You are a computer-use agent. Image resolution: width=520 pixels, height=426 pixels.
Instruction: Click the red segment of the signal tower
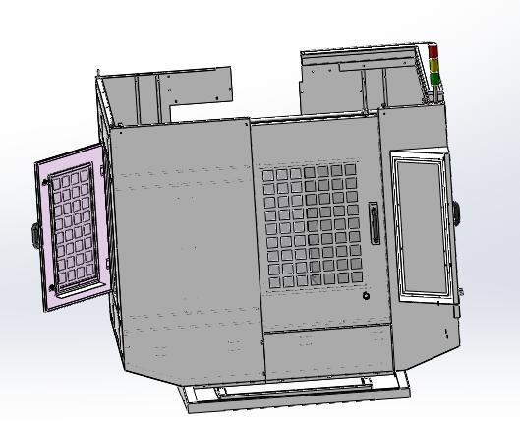coord(433,51)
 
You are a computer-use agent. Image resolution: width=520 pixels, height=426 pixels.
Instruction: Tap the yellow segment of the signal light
coord(433,64)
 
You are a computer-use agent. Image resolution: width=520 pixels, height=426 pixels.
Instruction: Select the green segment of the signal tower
coord(433,76)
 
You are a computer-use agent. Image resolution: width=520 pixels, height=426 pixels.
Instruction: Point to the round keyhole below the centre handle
coord(366,296)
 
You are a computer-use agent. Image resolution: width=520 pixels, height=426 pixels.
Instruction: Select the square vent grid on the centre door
coord(311,227)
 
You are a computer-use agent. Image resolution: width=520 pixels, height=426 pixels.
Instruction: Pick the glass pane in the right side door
coord(423,226)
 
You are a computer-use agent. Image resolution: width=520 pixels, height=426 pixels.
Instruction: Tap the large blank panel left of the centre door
coord(182,246)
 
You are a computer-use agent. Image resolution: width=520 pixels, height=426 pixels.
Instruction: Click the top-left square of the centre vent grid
coord(268,175)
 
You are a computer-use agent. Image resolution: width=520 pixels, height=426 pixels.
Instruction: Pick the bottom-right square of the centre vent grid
coord(356,281)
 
